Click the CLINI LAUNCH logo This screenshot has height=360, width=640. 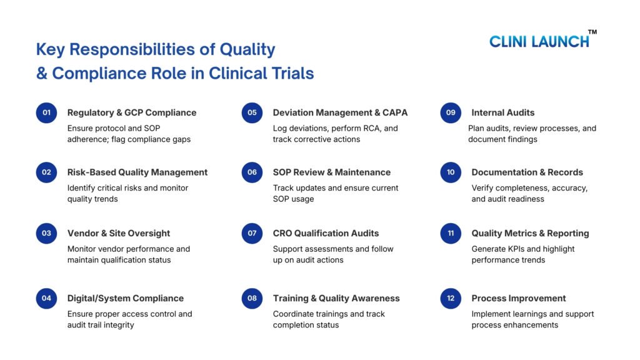click(x=539, y=41)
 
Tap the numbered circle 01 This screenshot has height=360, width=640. click(x=46, y=112)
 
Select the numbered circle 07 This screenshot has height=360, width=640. click(x=252, y=233)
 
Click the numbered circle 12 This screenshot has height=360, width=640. click(x=451, y=298)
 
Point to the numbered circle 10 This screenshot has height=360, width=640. click(x=451, y=172)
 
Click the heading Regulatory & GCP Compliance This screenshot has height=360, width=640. click(x=132, y=112)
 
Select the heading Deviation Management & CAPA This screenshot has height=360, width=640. click(x=340, y=112)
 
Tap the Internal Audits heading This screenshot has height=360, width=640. click(x=502, y=112)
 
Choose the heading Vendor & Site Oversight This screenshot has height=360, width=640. click(x=119, y=233)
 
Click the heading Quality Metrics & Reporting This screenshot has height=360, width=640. click(x=530, y=233)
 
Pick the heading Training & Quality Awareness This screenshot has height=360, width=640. click(x=336, y=298)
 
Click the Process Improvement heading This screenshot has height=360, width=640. click(x=519, y=298)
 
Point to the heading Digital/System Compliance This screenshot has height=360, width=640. click(x=126, y=298)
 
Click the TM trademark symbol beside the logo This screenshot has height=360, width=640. click(x=592, y=32)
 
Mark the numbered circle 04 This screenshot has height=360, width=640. click(x=46, y=298)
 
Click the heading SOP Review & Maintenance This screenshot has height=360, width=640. click(x=332, y=172)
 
